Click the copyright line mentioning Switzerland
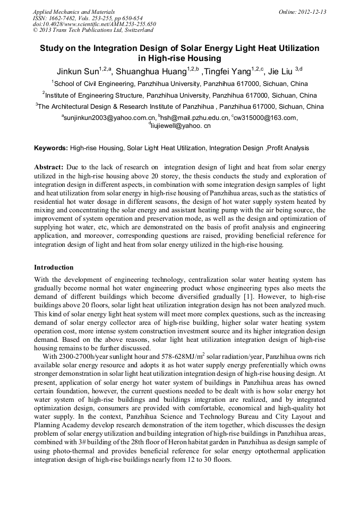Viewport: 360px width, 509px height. click(x=93, y=30)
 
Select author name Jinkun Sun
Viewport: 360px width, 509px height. click(x=78, y=71)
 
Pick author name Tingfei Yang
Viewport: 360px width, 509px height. click(x=228, y=71)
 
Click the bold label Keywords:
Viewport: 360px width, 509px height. click(x=51, y=148)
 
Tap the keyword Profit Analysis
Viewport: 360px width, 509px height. click(x=289, y=148)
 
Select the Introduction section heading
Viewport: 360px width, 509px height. click(x=54, y=268)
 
